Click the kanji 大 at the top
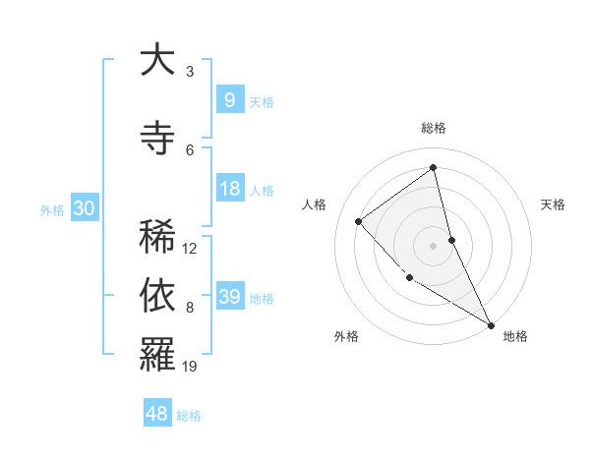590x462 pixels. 156,60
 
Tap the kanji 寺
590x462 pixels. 156,139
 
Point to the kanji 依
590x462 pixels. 156,296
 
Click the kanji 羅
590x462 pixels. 156,355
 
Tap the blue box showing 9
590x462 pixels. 229,99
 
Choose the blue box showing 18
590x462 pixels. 229,189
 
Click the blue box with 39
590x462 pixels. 229,297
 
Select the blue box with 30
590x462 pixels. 85,208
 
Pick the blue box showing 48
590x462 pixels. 157,414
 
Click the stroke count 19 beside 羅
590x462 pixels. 191,367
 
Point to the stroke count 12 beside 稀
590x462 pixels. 191,248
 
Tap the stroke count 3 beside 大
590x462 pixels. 190,71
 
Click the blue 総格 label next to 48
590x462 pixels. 189,416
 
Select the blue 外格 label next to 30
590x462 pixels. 52,209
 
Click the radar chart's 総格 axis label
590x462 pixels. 434,128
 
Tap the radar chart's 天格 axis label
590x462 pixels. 554,204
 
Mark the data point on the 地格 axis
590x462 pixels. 491,324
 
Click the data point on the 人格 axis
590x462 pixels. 359,221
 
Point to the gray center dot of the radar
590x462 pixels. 434,245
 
